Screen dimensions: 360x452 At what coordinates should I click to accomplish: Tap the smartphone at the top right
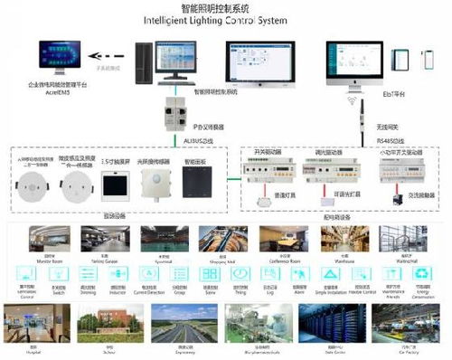[426, 62]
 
